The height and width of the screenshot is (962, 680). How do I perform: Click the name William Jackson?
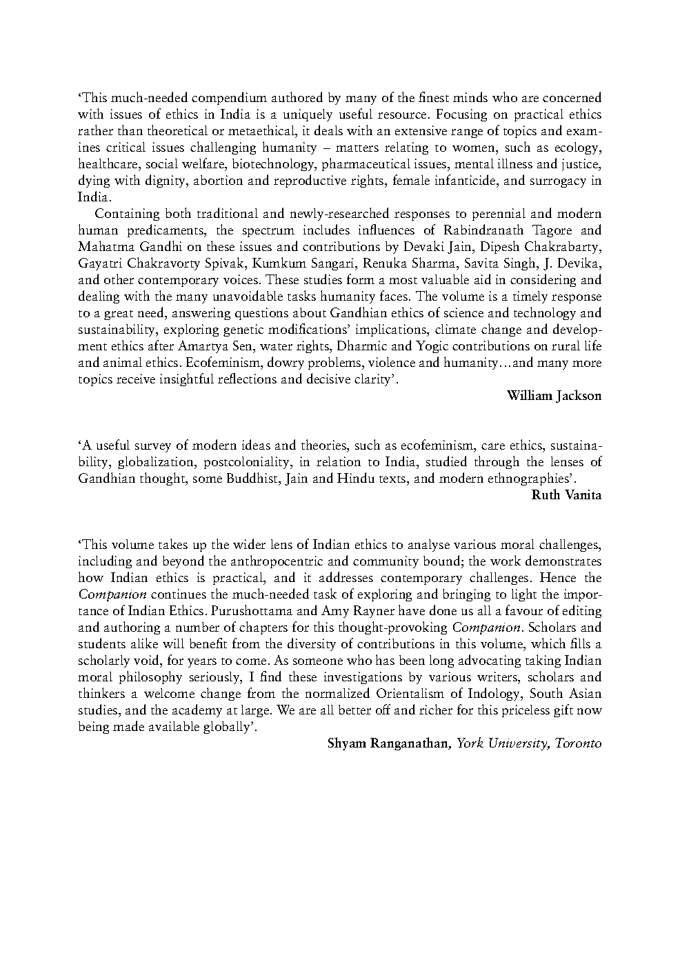554,396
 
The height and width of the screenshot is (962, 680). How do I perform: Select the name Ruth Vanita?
567,495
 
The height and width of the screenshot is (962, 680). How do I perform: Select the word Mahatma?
102,247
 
